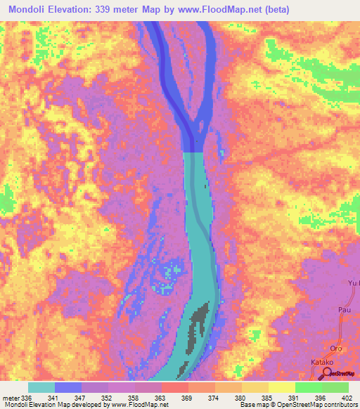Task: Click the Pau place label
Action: pos(345,309)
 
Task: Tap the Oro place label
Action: pos(336,349)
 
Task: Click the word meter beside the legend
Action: pos(11,398)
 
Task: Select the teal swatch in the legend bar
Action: pos(41,387)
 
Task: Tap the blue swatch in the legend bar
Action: pos(67,387)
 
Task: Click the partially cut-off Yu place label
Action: pos(354,283)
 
